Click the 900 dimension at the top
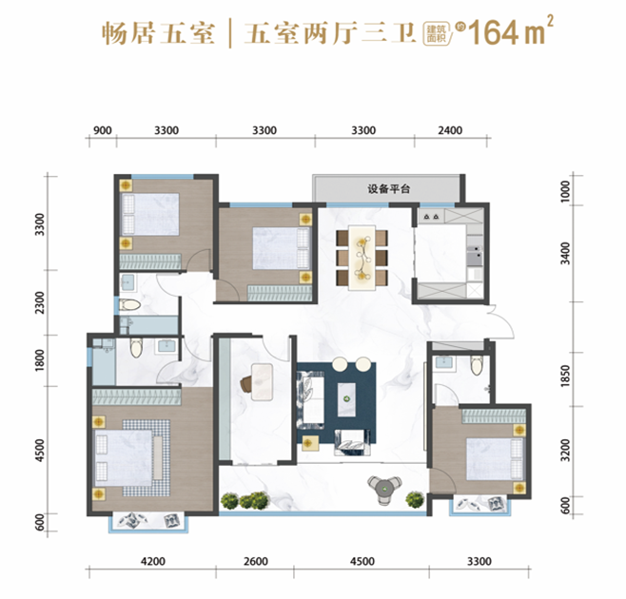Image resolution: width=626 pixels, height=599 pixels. tap(104, 130)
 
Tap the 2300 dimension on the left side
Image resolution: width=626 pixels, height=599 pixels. tap(39, 302)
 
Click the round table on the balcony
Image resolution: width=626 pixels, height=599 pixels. tap(382, 487)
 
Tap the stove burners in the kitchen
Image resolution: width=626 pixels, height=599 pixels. tap(430, 218)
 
